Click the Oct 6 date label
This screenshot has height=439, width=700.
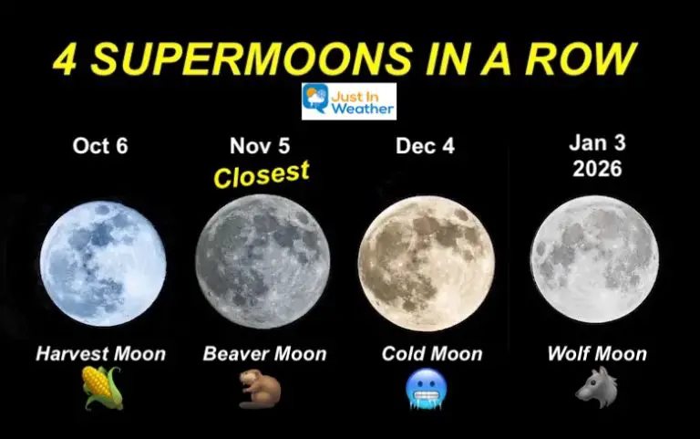(x=100, y=146)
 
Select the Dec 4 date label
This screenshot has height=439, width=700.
(x=426, y=146)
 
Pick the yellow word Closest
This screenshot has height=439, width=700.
(x=262, y=174)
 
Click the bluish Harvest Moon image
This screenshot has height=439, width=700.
(x=103, y=264)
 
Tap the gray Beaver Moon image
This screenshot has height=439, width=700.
(x=263, y=261)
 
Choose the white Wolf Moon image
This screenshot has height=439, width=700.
(x=594, y=259)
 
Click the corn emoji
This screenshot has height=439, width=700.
(x=100, y=388)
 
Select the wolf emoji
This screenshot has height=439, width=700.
(x=592, y=387)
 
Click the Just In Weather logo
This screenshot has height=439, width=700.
(x=350, y=100)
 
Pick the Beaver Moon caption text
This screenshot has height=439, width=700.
(x=264, y=353)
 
